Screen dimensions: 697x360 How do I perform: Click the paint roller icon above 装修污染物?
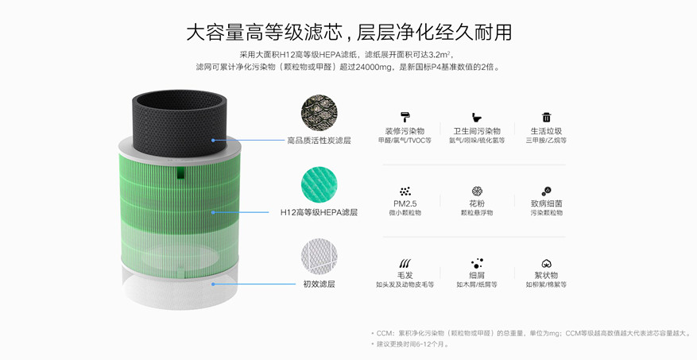[x=405, y=117]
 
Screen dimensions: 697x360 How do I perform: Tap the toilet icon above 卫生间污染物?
[x=477, y=118]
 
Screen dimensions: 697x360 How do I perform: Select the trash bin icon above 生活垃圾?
[x=546, y=117]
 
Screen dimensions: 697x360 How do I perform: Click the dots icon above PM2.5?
[x=405, y=191]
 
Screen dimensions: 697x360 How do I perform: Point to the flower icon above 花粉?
[x=477, y=191]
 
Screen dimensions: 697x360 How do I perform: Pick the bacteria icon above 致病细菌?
[x=546, y=191]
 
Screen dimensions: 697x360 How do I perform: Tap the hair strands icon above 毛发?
[x=405, y=264]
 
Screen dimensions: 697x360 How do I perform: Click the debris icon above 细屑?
[x=477, y=264]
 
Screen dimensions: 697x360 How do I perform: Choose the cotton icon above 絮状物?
[x=546, y=264]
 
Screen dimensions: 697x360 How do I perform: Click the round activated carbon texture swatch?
[x=319, y=113]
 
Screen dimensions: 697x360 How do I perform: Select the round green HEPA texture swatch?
[x=319, y=184]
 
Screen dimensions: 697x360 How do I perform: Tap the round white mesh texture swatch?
[x=319, y=257]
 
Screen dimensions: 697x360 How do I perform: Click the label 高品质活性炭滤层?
[x=319, y=141]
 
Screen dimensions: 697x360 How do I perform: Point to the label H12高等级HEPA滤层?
[x=319, y=212]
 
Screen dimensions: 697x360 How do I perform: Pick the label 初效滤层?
[x=319, y=284]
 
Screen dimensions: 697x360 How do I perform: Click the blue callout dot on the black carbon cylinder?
[x=213, y=140]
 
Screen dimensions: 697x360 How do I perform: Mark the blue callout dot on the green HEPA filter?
[x=213, y=212]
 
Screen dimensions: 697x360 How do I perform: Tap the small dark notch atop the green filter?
[x=180, y=173]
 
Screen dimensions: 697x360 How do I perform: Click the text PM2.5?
[x=405, y=203]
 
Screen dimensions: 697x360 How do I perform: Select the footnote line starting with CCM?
[x=531, y=333]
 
